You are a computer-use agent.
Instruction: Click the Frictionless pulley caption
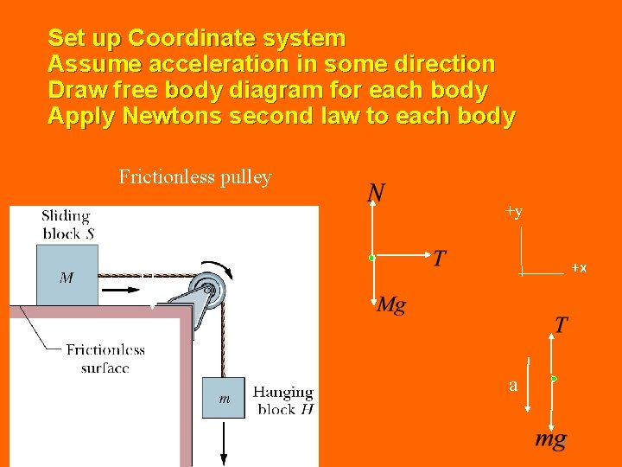point(195,177)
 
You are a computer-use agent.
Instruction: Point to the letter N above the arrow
point(376,193)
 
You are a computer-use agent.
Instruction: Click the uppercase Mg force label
point(391,304)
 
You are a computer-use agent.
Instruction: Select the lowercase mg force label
point(550,439)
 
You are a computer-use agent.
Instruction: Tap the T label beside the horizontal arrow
point(440,259)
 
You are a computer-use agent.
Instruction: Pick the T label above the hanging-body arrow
point(561,325)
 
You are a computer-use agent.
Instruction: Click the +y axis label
point(513,212)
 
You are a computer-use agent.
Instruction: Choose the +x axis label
point(579,269)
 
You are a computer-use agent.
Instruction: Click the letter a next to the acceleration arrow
point(513,386)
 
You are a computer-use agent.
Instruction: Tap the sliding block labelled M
point(67,275)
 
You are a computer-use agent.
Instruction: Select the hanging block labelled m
point(224,398)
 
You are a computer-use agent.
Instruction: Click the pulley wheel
point(211,288)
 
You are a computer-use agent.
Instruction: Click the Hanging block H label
point(283,400)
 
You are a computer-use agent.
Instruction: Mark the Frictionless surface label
point(105,358)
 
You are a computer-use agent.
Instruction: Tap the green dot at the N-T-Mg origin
point(371,257)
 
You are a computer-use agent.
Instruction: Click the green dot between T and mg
point(554,379)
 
